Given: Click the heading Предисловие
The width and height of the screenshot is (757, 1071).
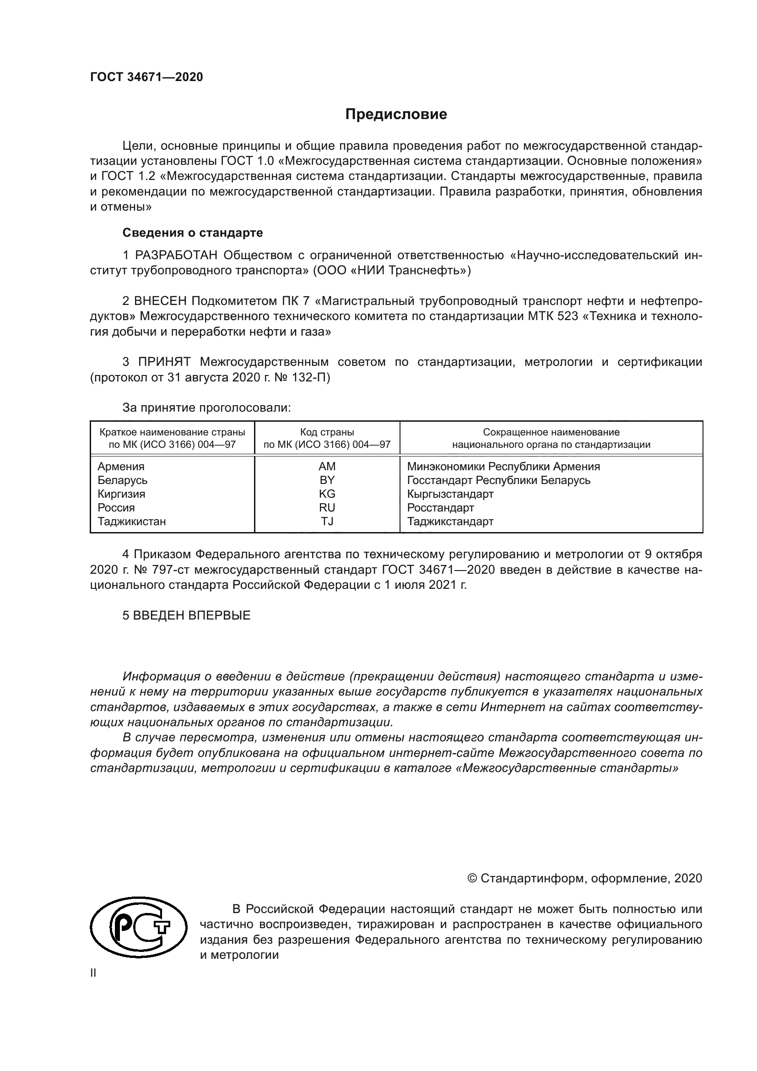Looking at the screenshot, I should click(396, 114).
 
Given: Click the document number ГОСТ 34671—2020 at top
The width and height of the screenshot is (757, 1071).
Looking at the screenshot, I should click(146, 77).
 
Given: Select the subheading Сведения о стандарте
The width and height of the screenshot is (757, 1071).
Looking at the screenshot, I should click(193, 232).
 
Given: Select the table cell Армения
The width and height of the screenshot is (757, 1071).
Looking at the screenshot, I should click(121, 467).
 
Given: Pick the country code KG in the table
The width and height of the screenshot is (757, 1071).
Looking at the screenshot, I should click(327, 494).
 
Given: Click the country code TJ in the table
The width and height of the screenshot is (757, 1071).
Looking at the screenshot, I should click(327, 522).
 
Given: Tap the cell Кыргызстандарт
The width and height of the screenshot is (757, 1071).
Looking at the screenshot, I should click(450, 494).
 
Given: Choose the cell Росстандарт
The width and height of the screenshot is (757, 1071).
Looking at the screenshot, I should click(440, 507).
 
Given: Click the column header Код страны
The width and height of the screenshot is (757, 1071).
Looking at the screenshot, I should click(327, 432).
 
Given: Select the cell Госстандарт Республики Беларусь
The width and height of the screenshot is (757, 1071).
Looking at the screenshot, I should click(498, 480).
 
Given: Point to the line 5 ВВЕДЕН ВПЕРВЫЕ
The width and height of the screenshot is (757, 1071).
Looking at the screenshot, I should click(186, 615).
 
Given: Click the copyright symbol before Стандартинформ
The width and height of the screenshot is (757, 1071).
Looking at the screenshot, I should click(472, 879).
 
